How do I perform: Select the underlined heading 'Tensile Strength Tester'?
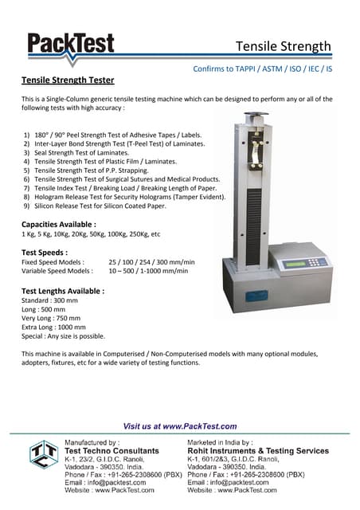(x=67, y=80)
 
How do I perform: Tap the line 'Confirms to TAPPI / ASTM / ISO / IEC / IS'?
(x=262, y=69)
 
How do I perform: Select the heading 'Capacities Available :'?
(x=59, y=225)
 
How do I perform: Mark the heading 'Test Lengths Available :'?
(x=63, y=292)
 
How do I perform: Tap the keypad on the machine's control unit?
(x=319, y=261)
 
